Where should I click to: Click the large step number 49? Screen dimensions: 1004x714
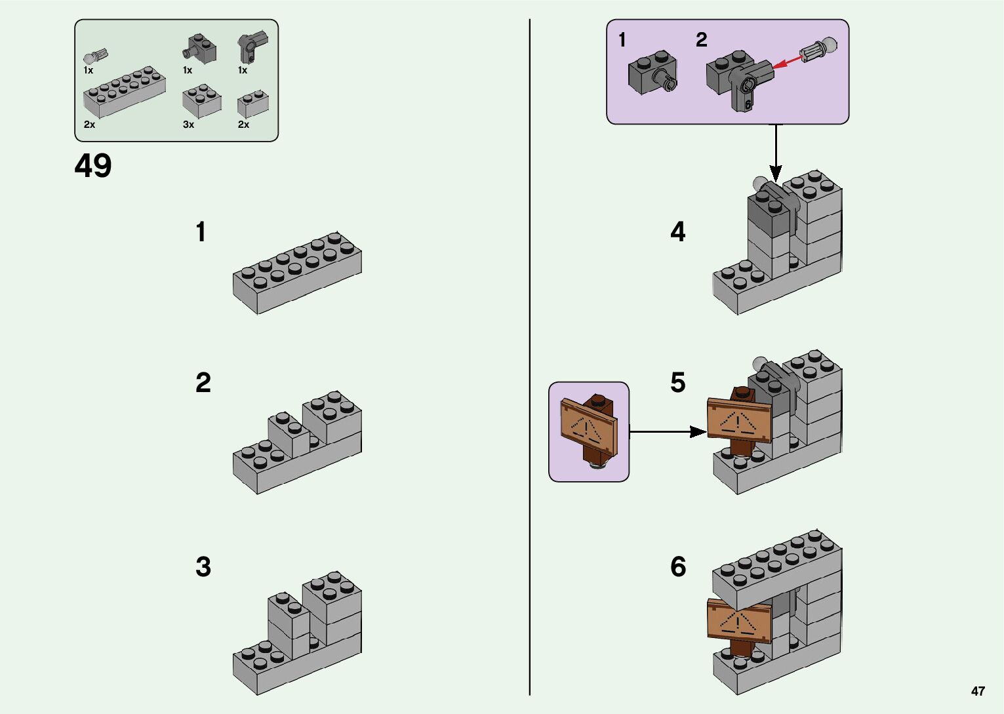[93, 166]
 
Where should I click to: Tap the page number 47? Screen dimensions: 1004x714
[978, 691]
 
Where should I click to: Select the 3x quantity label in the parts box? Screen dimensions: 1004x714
[188, 125]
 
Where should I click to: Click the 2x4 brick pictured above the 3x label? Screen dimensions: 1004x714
[201, 101]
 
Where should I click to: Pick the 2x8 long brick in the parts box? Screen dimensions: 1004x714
[124, 93]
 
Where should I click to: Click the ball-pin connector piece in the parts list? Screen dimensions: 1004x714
[96, 56]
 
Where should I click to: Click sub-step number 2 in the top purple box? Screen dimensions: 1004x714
[701, 40]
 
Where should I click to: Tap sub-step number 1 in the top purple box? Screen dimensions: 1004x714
[622, 41]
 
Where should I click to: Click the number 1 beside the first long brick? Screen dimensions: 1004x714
[201, 232]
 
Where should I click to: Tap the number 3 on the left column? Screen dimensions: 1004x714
[203, 567]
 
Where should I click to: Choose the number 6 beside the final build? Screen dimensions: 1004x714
[678, 567]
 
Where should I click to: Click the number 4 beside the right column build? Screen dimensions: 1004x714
[678, 232]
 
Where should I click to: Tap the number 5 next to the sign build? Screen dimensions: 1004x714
[678, 382]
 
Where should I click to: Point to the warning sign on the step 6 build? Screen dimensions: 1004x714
[739, 620]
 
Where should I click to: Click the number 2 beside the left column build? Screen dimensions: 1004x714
[203, 383]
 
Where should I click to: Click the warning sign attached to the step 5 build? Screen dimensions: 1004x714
[739, 421]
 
